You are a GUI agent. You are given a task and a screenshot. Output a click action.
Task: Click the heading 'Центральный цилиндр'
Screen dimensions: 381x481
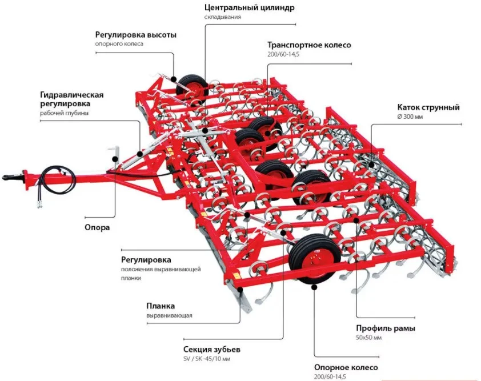tap(250, 7)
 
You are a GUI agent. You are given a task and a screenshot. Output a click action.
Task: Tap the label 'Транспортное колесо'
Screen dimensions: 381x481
tap(309, 45)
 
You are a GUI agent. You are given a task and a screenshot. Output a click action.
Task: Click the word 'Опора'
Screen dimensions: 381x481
tap(97, 227)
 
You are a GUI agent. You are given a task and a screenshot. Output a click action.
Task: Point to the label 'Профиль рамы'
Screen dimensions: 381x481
tap(386, 328)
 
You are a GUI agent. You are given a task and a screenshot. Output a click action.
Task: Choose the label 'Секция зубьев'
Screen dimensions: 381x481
tap(212, 349)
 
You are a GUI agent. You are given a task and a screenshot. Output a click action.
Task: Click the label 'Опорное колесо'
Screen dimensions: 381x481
tap(346, 367)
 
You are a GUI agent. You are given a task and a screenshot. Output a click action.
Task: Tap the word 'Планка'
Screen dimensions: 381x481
tap(161, 306)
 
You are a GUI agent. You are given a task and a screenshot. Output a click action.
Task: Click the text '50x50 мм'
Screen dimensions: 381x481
tap(369, 338)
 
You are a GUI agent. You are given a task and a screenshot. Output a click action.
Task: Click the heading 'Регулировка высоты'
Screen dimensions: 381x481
tap(135, 35)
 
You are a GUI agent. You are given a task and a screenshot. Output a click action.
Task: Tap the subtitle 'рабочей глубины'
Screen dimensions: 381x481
tap(64, 113)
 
